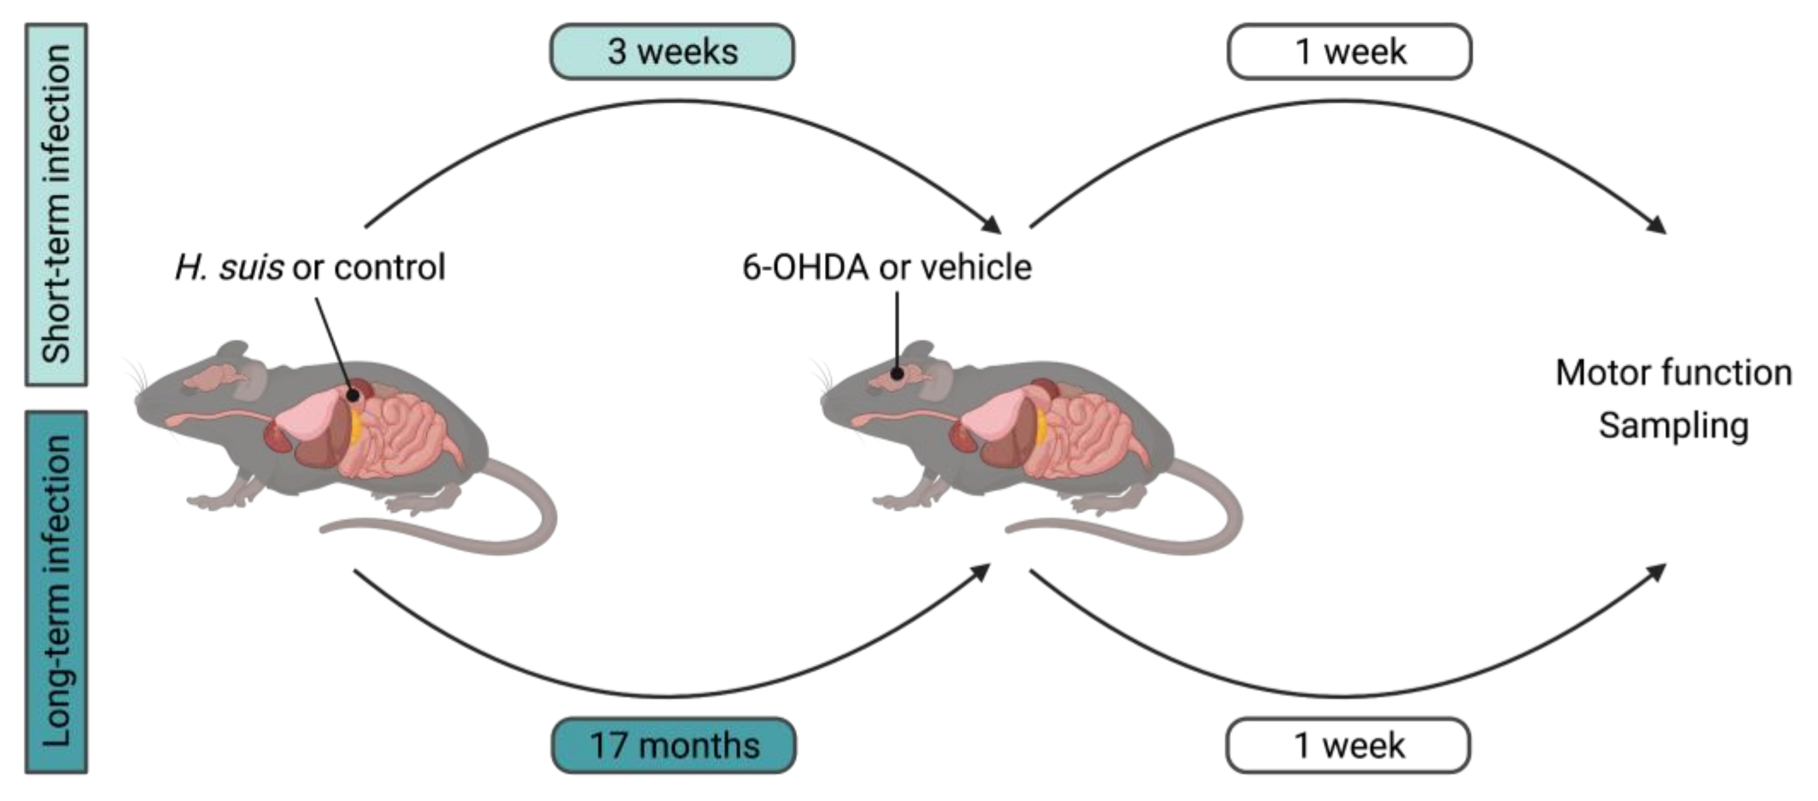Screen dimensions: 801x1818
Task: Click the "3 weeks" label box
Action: [x=672, y=52]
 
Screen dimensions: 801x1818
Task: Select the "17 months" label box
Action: [x=674, y=745]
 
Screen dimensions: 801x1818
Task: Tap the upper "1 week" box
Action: [x=1349, y=52]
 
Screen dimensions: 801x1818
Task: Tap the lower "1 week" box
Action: [x=1348, y=745]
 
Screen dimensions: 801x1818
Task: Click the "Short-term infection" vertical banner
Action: [x=56, y=205]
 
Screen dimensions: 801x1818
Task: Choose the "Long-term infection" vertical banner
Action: [x=56, y=592]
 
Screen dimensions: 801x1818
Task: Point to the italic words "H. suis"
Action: [x=229, y=267]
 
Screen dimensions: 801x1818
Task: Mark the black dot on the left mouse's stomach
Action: [x=353, y=397]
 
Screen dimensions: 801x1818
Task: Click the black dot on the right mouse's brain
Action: [x=897, y=373]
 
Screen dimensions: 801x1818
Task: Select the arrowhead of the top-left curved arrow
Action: [x=991, y=224]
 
